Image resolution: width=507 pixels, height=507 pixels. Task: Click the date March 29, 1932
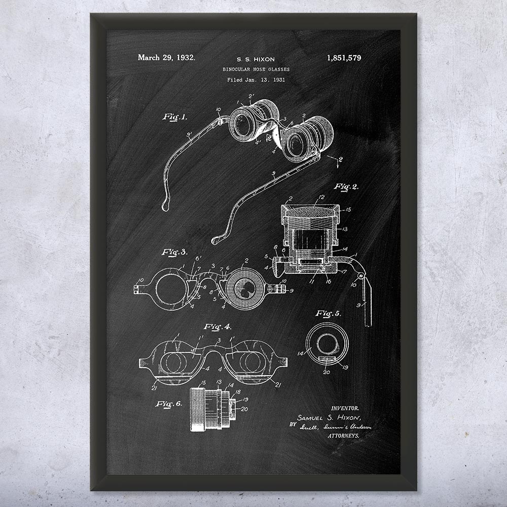(x=166, y=58)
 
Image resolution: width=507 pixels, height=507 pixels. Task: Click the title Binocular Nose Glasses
(x=256, y=69)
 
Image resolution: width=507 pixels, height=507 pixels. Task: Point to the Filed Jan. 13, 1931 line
(x=256, y=80)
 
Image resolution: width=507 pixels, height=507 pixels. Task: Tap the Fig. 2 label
(x=346, y=187)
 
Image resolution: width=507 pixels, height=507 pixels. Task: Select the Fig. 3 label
(x=175, y=252)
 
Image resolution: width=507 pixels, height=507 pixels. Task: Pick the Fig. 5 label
(x=328, y=313)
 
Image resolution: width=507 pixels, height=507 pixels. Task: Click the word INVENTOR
(x=345, y=408)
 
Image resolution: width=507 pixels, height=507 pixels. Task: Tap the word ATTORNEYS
(x=344, y=436)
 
